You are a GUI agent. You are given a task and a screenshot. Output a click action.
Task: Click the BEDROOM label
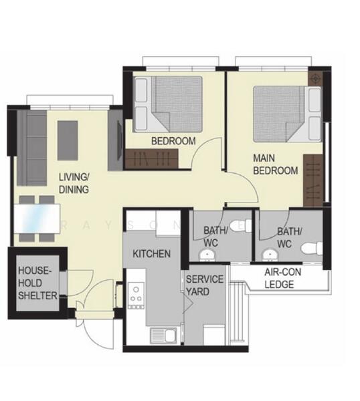pos(173,141)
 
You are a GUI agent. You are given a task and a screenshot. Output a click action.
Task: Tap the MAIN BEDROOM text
pos(274,165)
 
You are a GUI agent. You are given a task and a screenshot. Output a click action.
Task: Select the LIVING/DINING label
pos(74,182)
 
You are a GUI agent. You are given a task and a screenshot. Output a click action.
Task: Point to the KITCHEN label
pos(151,255)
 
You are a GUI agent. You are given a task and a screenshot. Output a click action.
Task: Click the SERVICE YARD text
pos(205,285)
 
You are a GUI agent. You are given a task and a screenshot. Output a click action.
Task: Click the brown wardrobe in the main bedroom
pos(312,180)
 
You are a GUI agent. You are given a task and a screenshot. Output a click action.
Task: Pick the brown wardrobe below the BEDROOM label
pos(151,158)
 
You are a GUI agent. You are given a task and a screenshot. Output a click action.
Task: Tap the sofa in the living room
pos(31,148)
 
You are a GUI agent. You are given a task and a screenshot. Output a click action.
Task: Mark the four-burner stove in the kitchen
pos(137,293)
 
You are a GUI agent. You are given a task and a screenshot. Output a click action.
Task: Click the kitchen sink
pos(160,334)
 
